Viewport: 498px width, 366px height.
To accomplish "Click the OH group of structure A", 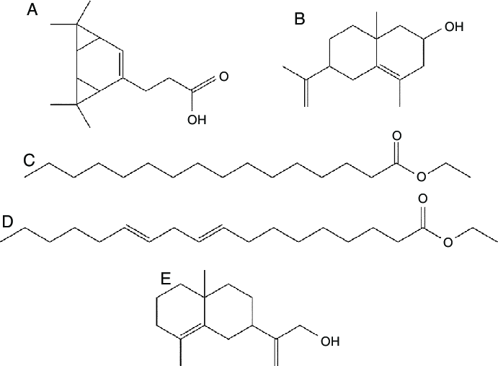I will coord(196,119).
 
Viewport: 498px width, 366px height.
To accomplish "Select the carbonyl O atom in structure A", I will coord(224,75).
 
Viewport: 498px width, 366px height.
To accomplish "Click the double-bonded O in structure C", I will coord(396,136).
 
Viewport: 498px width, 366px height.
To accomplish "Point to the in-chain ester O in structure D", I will coord(446,242).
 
